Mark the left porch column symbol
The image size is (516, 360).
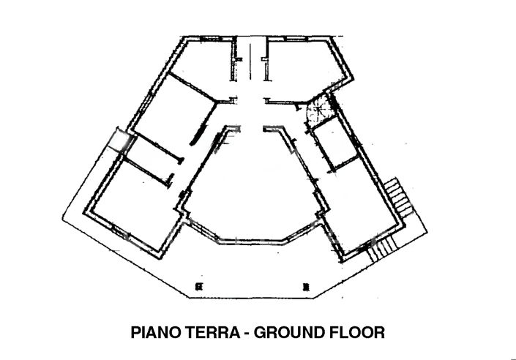point(197,285)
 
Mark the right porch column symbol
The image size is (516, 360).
point(307,285)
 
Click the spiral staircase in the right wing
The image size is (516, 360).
point(318,113)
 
